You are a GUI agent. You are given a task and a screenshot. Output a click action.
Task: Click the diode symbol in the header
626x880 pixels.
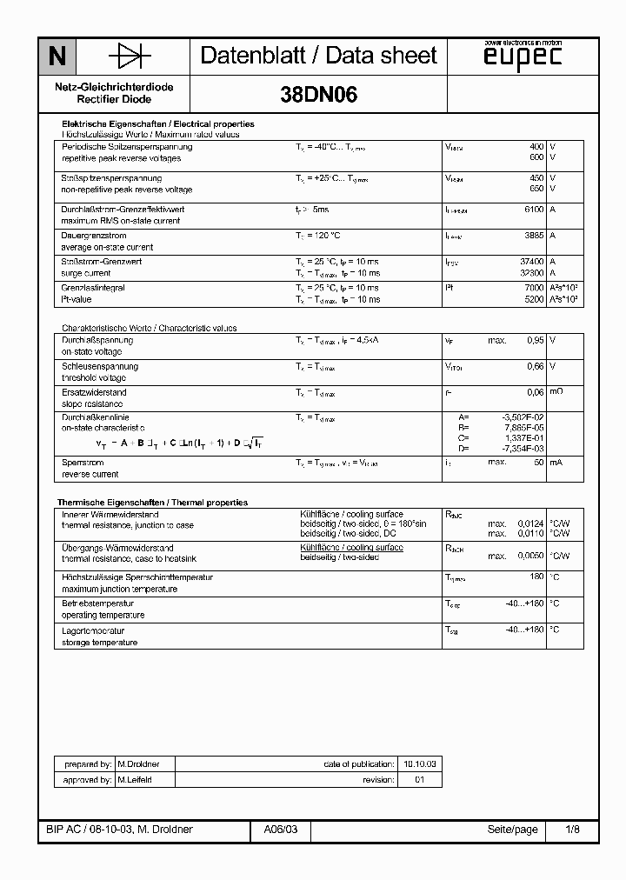pos(130,57)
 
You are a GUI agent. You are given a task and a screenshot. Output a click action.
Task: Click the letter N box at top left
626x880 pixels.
pos(57,57)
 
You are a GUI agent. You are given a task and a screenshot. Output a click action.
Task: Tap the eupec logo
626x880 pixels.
pos(522,57)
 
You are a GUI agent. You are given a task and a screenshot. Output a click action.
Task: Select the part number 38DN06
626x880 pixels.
pos(318,97)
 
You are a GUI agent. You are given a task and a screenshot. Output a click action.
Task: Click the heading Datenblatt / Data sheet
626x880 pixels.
pos(318,56)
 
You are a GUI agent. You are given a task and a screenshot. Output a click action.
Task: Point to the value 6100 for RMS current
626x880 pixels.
pos(533,210)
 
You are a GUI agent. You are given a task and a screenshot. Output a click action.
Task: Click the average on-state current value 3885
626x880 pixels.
pos(533,236)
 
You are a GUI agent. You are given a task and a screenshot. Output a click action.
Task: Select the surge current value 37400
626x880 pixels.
pos(530,262)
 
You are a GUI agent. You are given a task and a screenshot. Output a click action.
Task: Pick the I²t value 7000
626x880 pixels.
pos(533,288)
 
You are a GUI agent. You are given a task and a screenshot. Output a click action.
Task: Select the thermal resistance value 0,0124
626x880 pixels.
pos(529,524)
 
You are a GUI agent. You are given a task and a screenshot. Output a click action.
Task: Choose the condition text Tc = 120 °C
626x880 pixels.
pos(317,236)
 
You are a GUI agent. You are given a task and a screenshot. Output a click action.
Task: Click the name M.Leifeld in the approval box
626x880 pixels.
pos(134,780)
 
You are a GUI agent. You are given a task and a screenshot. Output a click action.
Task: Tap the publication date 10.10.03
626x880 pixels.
pos(420,763)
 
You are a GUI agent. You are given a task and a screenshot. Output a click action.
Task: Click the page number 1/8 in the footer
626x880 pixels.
pos(571,830)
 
